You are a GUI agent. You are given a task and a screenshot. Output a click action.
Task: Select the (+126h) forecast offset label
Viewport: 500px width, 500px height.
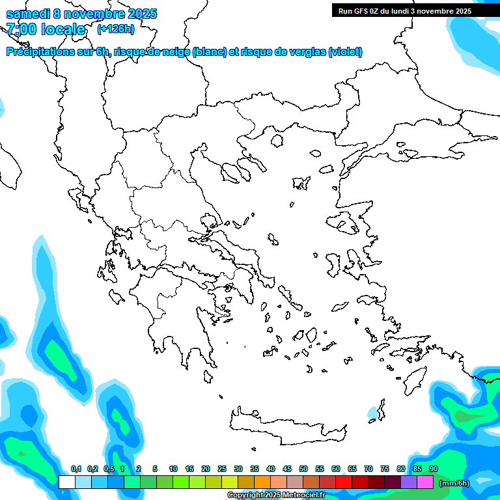point(115,29)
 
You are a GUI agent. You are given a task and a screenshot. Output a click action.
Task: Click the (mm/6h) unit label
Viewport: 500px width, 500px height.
point(454,482)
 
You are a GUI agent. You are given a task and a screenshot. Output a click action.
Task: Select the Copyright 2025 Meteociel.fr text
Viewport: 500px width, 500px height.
point(276,495)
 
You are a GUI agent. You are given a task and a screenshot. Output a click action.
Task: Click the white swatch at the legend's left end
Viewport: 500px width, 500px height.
point(66,482)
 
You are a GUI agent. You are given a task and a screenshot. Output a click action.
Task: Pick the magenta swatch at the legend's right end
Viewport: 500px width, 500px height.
point(425,482)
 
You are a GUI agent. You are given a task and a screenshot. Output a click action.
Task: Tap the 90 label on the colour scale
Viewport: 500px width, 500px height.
point(434,469)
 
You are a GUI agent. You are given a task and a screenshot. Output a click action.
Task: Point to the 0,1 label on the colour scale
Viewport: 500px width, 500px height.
point(76,469)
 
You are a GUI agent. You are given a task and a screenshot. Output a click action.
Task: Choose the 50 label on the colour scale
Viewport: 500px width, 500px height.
point(303,469)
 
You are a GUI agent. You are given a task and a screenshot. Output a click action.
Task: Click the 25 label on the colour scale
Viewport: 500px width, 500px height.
point(222,469)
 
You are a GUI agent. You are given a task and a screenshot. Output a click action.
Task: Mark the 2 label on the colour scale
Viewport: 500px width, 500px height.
point(139,469)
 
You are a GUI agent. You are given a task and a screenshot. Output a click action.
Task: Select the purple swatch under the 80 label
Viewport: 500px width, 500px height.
point(409,482)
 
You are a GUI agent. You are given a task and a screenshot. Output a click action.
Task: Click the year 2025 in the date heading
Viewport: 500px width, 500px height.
point(140,14)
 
